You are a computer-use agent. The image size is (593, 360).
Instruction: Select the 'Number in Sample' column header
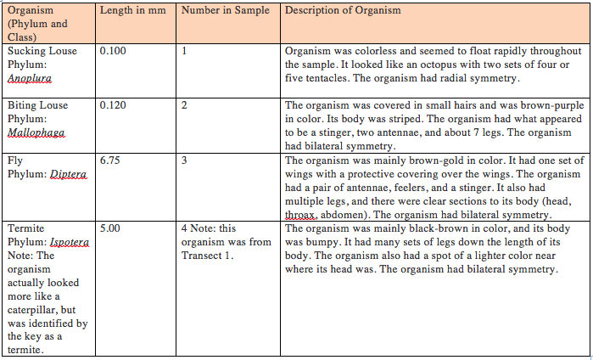click(x=226, y=10)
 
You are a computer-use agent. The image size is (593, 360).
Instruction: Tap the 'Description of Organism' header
click(x=343, y=10)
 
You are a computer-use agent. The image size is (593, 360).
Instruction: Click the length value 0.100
click(x=113, y=51)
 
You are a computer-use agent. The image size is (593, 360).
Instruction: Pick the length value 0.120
click(x=113, y=105)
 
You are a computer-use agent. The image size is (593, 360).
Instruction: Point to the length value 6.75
click(x=109, y=160)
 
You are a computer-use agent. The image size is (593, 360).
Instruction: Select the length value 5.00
click(x=109, y=228)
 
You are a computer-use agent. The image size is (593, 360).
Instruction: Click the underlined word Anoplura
click(x=30, y=78)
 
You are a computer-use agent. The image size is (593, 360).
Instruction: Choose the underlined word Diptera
click(x=68, y=173)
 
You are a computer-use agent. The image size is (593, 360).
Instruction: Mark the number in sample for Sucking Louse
click(x=184, y=51)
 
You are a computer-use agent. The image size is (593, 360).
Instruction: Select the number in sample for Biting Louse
click(x=184, y=105)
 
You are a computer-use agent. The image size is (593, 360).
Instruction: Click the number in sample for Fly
click(x=184, y=160)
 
